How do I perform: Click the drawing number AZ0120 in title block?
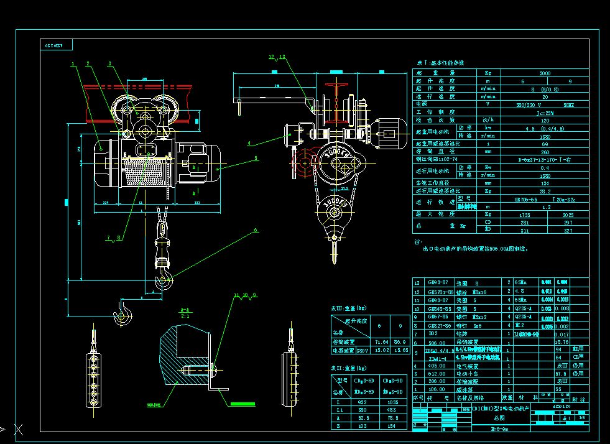[x=561, y=405]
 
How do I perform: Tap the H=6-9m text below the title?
[x=499, y=428]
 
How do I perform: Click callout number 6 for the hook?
[x=255, y=231]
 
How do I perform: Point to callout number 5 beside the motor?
[x=255, y=158]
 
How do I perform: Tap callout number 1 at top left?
[x=73, y=63]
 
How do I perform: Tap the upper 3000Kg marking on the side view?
[x=339, y=151]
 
